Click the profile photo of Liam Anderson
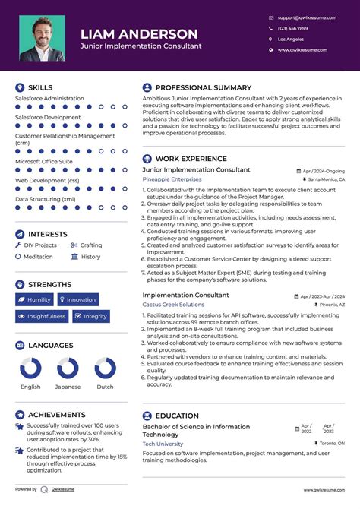(x=42, y=38)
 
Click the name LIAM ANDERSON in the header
(x=139, y=34)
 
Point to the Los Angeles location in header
(x=291, y=39)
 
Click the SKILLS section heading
(x=40, y=88)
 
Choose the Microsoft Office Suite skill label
(x=44, y=161)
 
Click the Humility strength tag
(x=34, y=299)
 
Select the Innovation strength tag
(x=77, y=299)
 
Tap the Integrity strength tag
(x=91, y=316)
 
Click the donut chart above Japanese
(x=68, y=369)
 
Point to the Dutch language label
(x=105, y=387)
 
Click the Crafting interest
(x=90, y=245)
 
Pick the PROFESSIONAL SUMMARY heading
(x=203, y=88)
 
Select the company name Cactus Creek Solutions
(x=173, y=304)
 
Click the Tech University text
(x=163, y=443)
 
